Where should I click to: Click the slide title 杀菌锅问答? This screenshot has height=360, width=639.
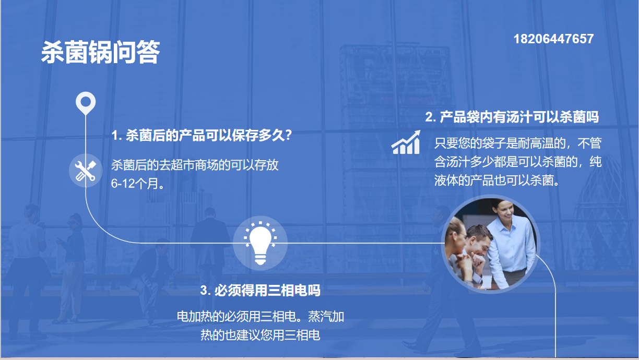click(x=100, y=52)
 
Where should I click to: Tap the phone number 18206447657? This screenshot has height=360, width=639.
click(x=553, y=39)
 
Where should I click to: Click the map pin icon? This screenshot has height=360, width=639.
click(x=86, y=103)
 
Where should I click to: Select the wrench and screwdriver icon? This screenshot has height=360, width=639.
click(x=86, y=171)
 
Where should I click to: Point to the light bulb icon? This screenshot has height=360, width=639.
click(x=260, y=243)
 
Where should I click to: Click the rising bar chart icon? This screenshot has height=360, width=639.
click(x=406, y=142)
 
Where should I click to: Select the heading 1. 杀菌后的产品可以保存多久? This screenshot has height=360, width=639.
click(x=202, y=135)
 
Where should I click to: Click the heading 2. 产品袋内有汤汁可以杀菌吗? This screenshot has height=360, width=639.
click(x=512, y=117)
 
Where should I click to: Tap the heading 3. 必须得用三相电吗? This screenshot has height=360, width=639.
click(x=260, y=291)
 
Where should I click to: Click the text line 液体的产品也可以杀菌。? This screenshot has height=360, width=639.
click(x=497, y=180)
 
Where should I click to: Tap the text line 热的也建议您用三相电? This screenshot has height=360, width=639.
click(x=260, y=335)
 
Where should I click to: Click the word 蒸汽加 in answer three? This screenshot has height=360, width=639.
click(x=326, y=316)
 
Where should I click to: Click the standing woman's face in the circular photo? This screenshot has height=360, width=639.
click(x=505, y=211)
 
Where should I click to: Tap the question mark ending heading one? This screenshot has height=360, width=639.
click(x=288, y=135)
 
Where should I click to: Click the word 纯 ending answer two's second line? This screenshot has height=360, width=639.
click(x=596, y=162)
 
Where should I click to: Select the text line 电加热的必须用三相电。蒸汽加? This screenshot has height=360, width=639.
click(x=260, y=316)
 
